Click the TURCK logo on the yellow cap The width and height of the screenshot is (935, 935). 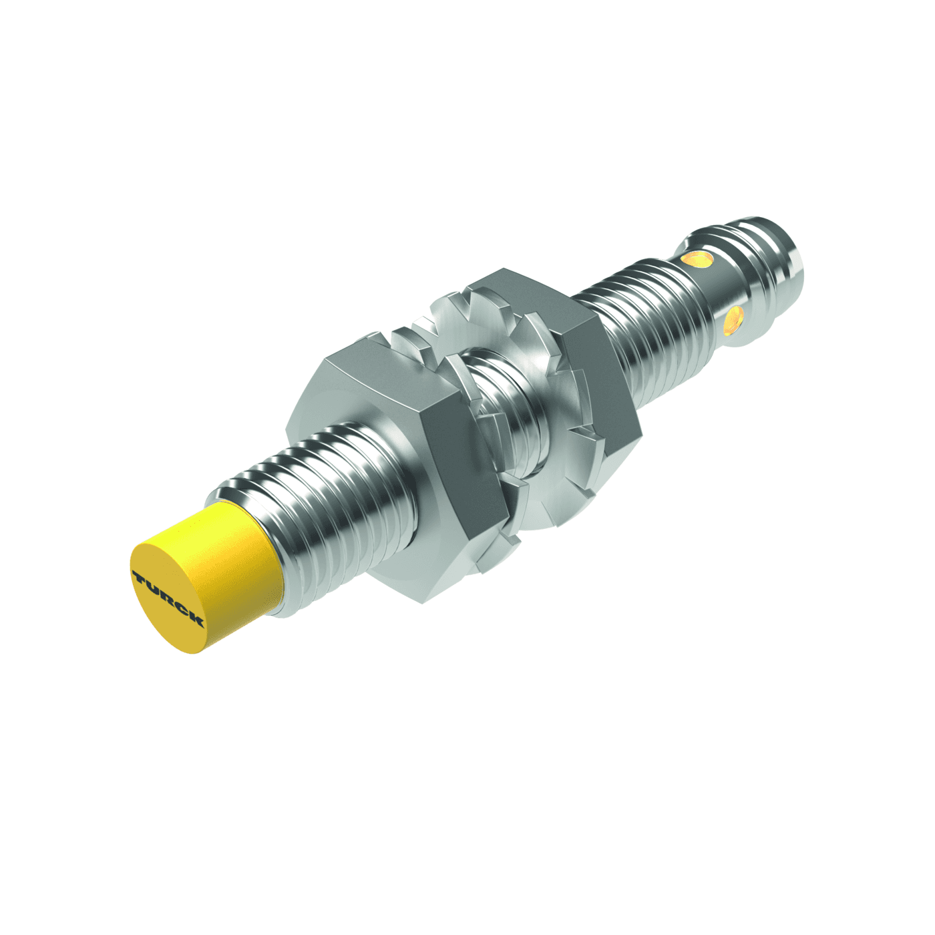coord(168,598)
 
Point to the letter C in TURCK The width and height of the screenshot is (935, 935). coord(180,608)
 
